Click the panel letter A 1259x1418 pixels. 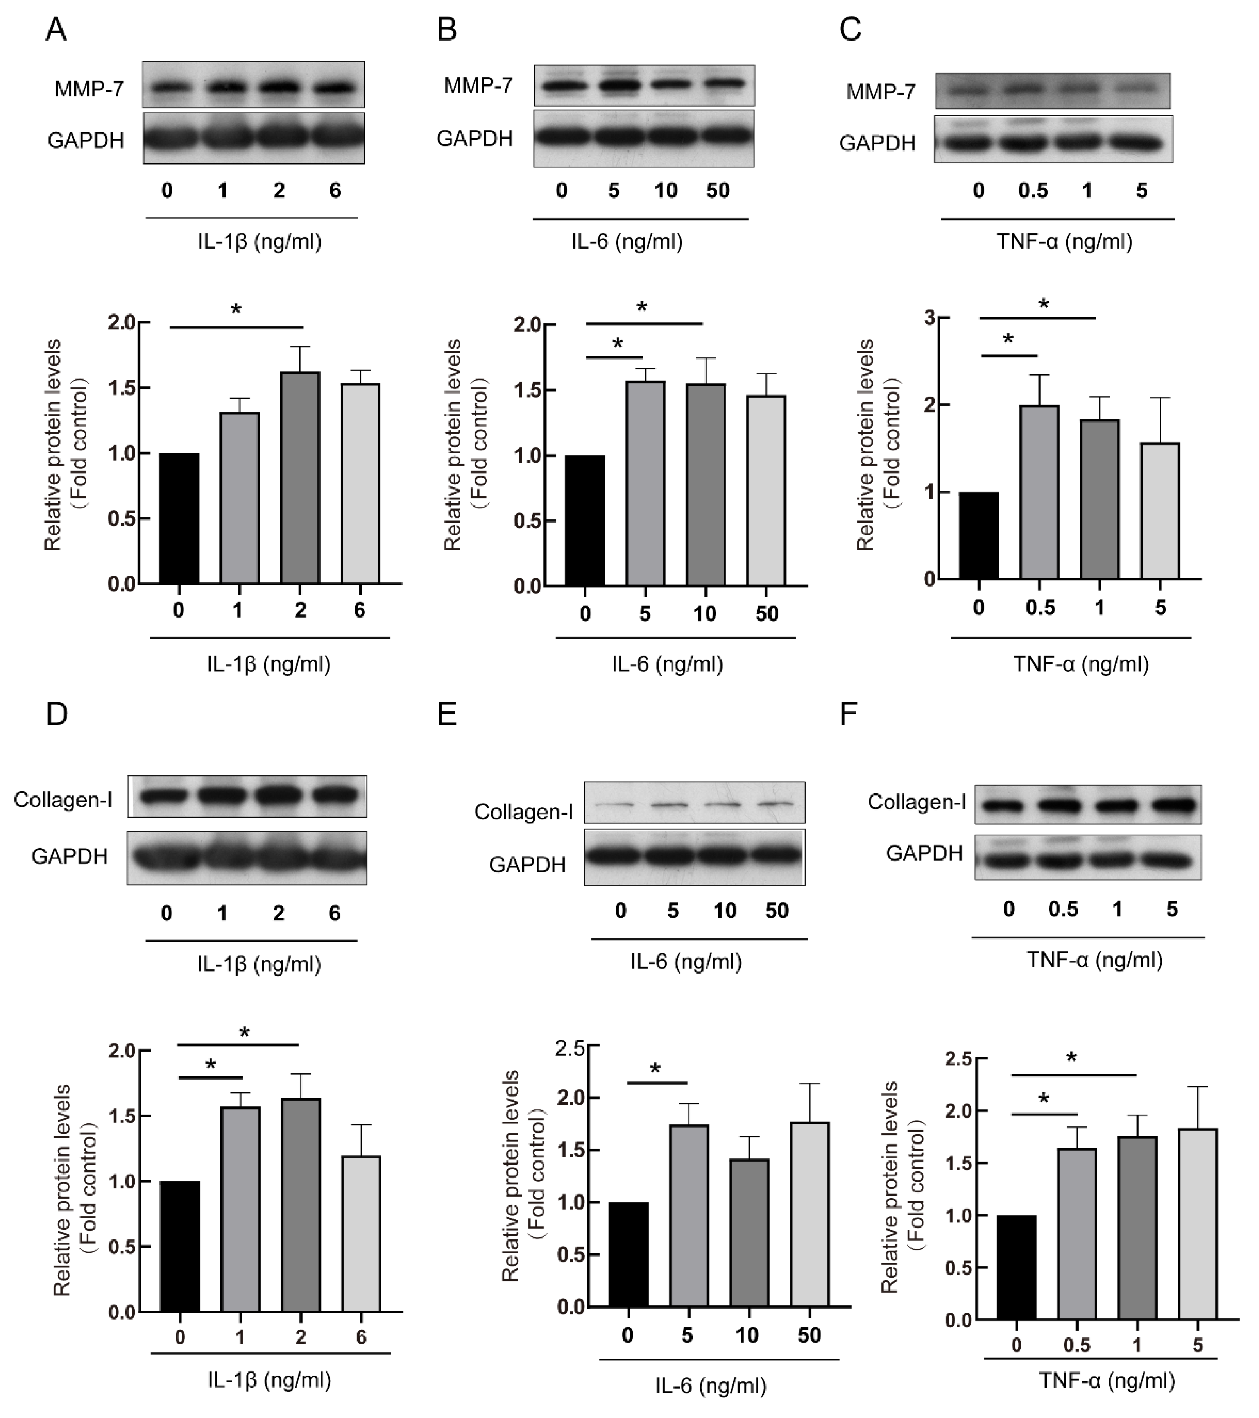[x=56, y=30]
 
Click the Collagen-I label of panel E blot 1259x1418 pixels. [x=524, y=812]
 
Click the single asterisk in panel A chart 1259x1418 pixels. [x=236, y=310]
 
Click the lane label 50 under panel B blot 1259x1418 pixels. [x=718, y=191]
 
